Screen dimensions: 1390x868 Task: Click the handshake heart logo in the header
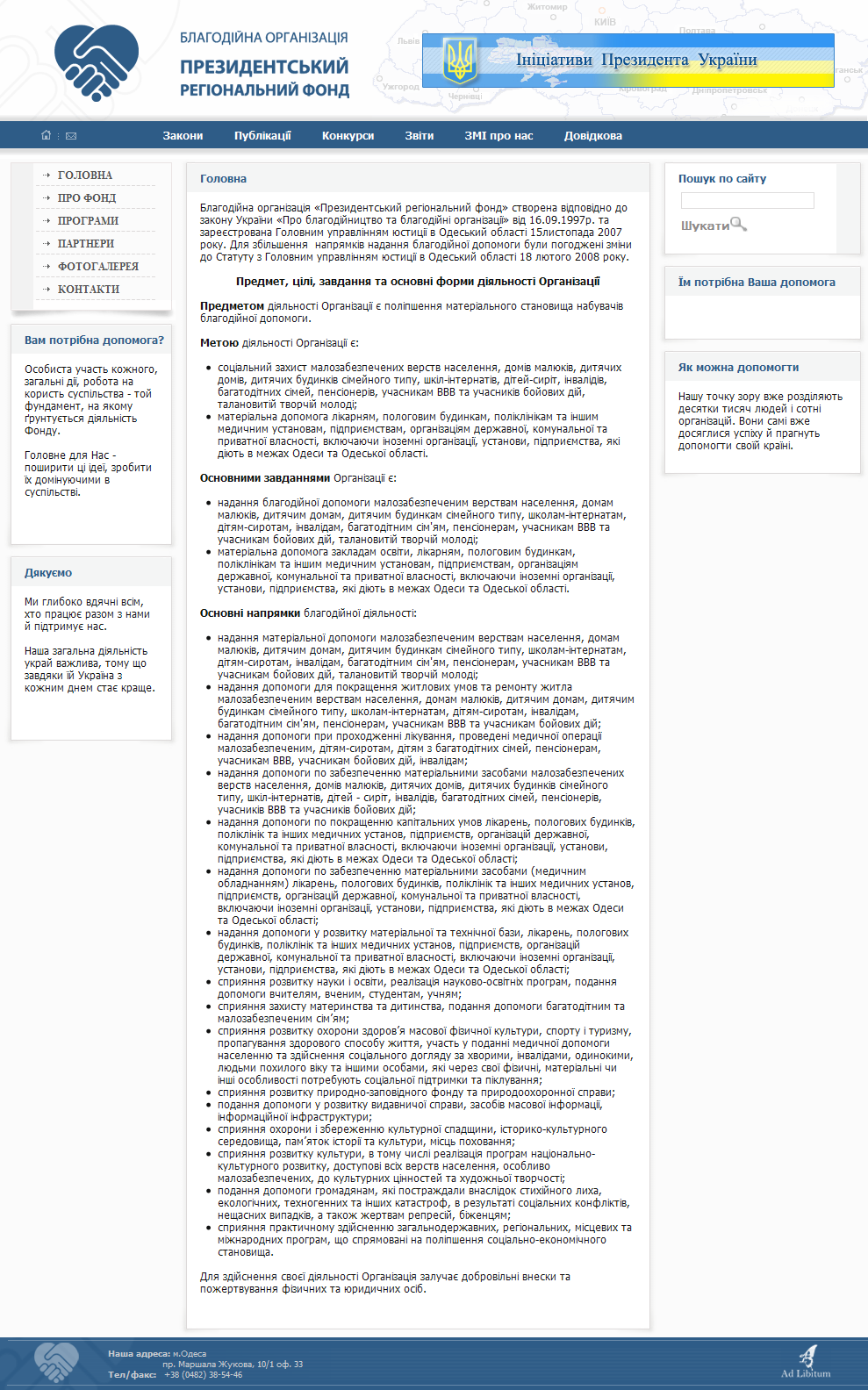[97, 61]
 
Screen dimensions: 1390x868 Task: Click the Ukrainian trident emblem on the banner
[460, 61]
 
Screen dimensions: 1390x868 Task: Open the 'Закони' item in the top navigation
[183, 136]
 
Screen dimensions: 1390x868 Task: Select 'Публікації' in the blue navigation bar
[262, 136]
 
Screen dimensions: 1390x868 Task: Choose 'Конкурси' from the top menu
[348, 136]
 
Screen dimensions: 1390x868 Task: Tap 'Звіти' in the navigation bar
[420, 136]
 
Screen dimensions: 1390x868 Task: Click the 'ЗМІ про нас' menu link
[499, 136]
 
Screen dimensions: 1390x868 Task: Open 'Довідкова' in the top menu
[593, 136]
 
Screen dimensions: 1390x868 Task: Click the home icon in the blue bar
[47, 135]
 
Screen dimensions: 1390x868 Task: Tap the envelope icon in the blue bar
[71, 136]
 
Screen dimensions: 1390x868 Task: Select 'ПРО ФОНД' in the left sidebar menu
[87, 198]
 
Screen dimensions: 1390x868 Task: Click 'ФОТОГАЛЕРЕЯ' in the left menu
[98, 267]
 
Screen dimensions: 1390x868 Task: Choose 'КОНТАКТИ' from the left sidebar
[89, 290]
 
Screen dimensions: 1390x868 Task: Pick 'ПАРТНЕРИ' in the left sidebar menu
[86, 244]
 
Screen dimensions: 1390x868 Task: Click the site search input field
[748, 201]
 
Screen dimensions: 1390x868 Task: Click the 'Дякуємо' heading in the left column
[48, 573]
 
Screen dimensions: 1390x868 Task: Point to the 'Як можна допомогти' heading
[738, 368]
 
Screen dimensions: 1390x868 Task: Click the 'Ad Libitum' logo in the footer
[806, 1363]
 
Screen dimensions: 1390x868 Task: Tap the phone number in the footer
[203, 1375]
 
